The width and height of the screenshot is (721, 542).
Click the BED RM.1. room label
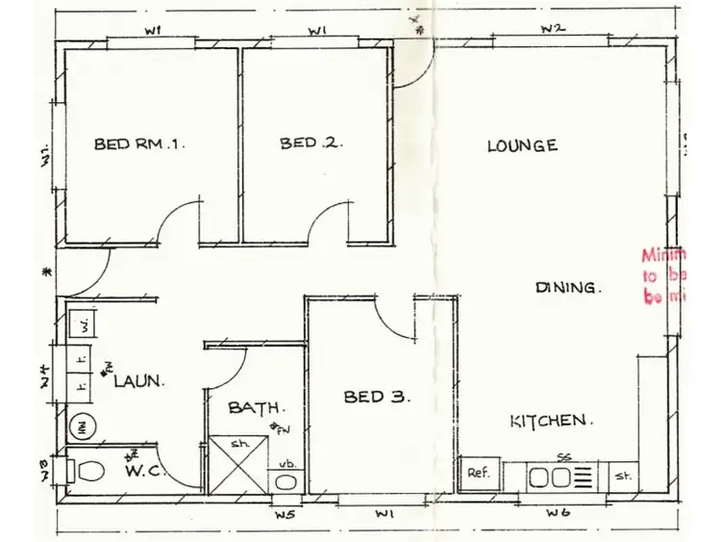click(x=139, y=144)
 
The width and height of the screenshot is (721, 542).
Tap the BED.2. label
click(x=311, y=143)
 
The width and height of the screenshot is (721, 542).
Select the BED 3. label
click(x=378, y=396)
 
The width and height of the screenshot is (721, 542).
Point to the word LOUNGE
click(x=522, y=146)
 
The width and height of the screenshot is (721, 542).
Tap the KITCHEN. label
click(x=551, y=421)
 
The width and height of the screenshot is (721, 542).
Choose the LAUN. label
click(x=138, y=380)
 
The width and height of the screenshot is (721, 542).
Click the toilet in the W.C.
click(x=87, y=471)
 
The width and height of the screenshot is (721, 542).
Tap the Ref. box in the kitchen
click(x=479, y=474)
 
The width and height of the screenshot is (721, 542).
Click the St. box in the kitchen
click(x=623, y=475)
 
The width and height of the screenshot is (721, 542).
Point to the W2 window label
click(x=551, y=29)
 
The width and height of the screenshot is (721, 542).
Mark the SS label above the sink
click(x=563, y=456)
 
